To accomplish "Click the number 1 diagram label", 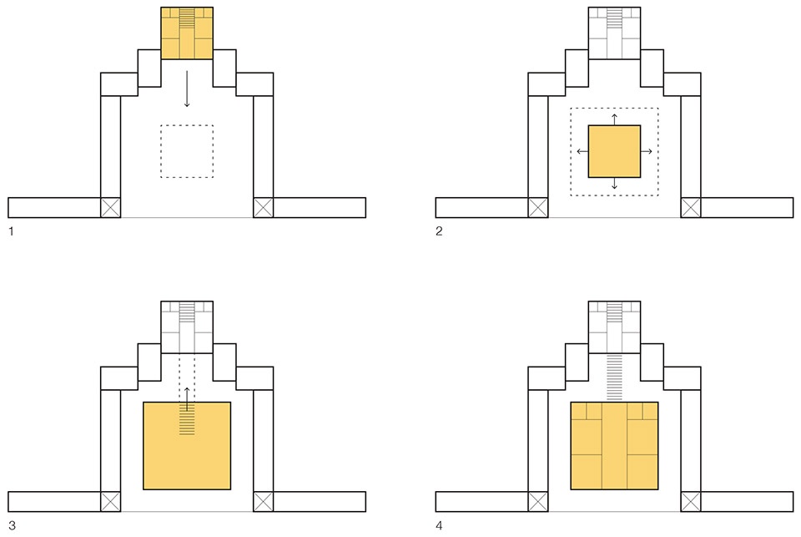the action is coord(11,231).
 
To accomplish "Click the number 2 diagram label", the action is coord(439,231).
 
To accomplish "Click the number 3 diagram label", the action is coord(12,526).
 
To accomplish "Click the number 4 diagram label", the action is coord(439,526).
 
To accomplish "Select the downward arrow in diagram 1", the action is coord(187,89).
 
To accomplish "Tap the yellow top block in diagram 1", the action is coord(187,33).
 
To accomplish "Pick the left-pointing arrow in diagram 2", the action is coord(582,151).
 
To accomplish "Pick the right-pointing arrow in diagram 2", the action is coord(646,151).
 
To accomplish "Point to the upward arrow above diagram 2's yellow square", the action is coord(615,119).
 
